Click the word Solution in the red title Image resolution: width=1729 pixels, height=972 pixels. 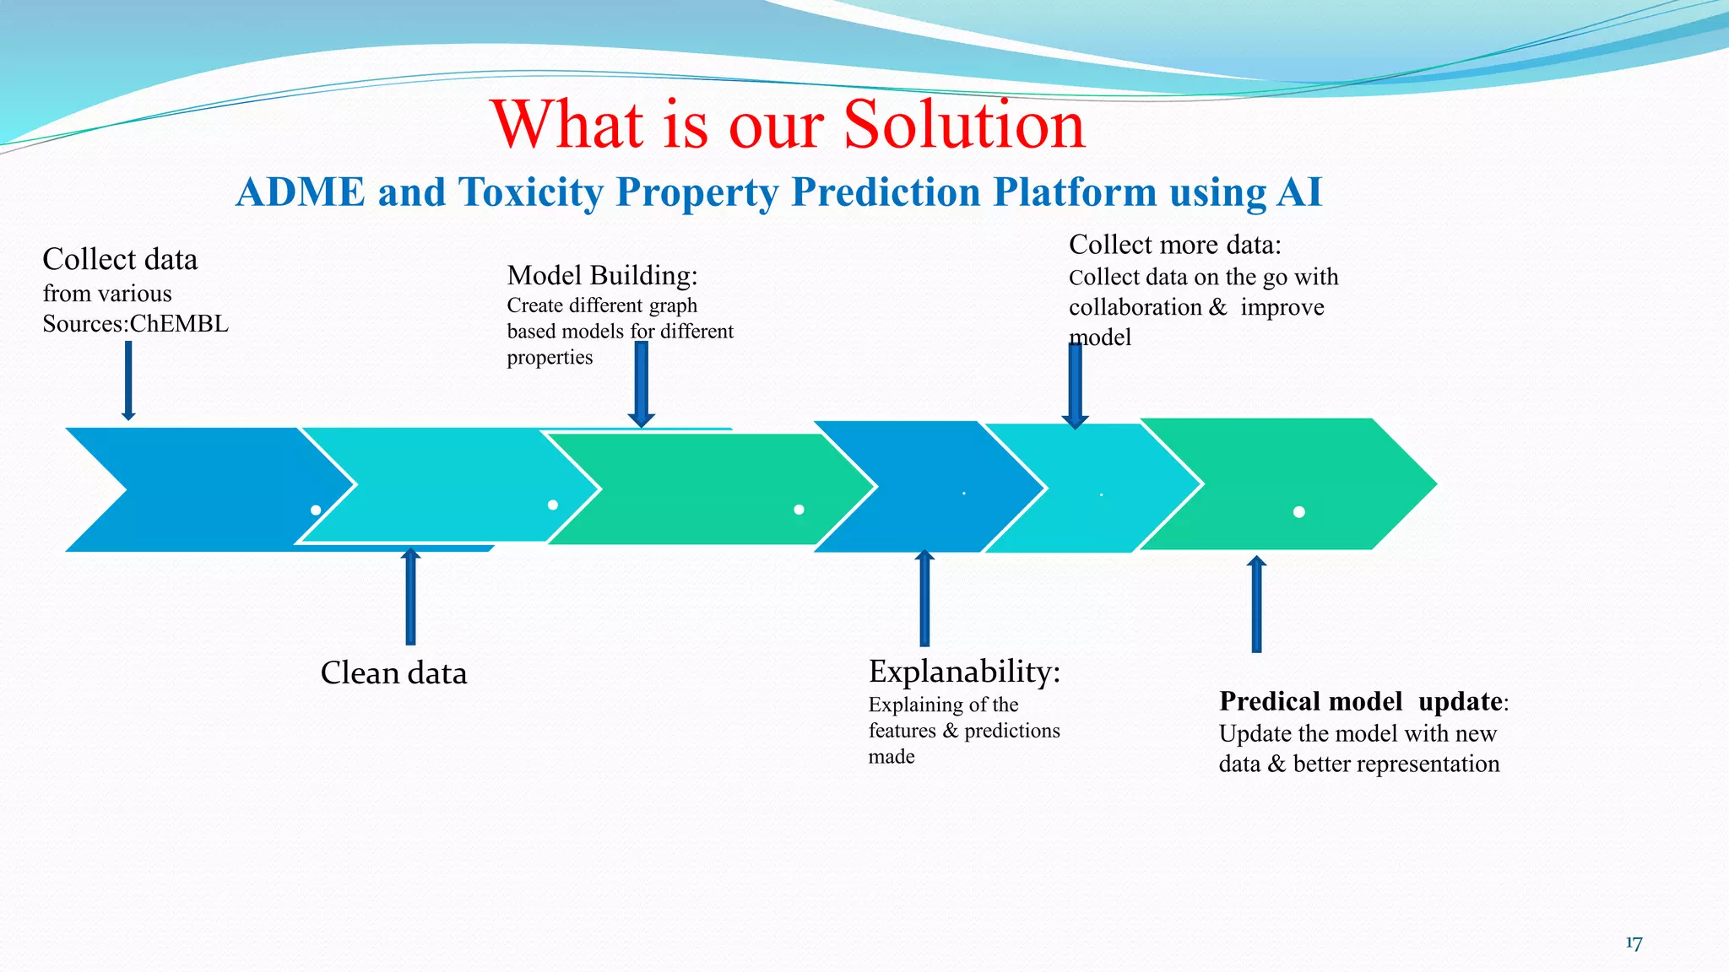[x=964, y=124]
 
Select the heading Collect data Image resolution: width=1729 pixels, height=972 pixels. [x=120, y=259]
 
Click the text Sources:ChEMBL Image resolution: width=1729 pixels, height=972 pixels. [x=135, y=324]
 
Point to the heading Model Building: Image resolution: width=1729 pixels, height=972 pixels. [x=602, y=275]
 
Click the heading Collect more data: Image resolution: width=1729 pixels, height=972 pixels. [x=1174, y=245]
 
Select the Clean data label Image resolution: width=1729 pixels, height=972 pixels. [x=393, y=673]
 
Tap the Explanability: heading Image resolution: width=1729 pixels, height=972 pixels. [x=964, y=672]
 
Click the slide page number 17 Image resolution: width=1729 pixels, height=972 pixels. [x=1634, y=943]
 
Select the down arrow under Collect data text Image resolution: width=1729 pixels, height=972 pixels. [x=128, y=380]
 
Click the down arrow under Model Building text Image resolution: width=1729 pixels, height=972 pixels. [x=642, y=384]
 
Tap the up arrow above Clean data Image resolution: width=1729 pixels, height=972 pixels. [x=410, y=597]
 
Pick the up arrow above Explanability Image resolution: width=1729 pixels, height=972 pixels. [x=924, y=598]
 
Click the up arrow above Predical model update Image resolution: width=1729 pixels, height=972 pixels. [x=1256, y=604]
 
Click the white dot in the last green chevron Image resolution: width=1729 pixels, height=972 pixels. [x=1299, y=512]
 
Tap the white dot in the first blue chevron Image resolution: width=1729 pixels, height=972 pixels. [x=316, y=510]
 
